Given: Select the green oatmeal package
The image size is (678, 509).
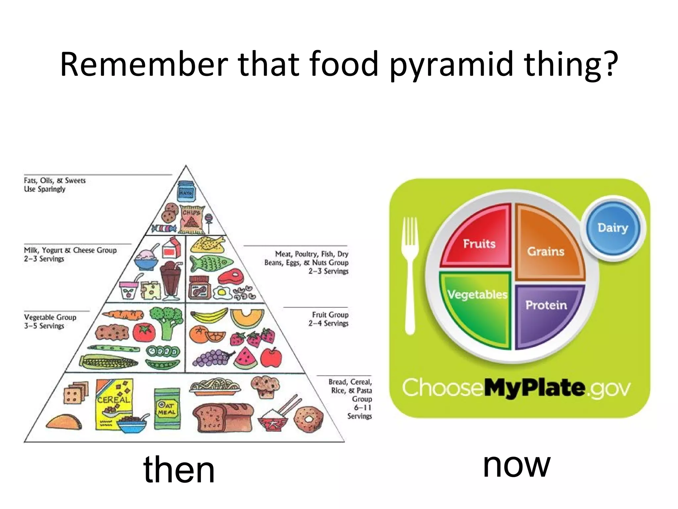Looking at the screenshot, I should (x=168, y=409).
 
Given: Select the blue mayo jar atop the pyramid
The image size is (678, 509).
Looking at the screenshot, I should (x=186, y=191).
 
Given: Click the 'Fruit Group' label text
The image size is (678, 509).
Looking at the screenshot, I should (x=330, y=314).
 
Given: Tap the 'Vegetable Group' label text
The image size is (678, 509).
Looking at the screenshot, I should (x=50, y=317).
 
